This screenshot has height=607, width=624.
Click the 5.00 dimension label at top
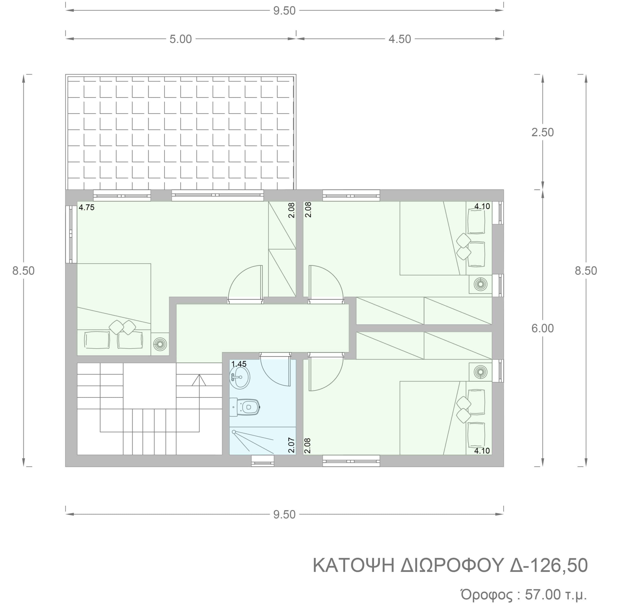click(181, 39)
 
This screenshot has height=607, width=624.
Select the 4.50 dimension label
click(400, 39)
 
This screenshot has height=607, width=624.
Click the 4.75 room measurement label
click(87, 208)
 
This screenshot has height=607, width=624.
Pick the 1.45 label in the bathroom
click(239, 364)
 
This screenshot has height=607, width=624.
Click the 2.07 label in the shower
click(291, 445)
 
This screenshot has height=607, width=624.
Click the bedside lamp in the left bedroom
click(160, 344)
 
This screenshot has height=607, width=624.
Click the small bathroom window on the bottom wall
click(263, 461)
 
